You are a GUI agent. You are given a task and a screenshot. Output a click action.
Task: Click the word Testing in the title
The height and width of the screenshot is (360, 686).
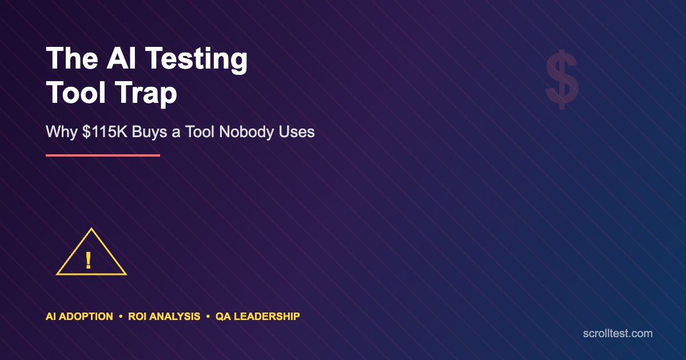196,59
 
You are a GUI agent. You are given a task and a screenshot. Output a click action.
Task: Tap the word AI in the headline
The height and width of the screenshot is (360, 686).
121,58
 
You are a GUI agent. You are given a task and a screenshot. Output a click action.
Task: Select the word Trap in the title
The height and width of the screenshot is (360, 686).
146,94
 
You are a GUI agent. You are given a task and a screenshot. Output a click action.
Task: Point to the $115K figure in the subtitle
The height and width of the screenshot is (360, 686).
105,132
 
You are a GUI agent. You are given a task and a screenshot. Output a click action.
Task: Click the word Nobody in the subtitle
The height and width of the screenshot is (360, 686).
246,132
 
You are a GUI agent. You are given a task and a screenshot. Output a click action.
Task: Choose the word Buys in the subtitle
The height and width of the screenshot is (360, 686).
149,133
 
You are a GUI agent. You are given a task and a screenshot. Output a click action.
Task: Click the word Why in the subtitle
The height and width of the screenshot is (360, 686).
62,133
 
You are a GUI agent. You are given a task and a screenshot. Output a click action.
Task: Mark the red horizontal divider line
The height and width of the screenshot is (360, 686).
103,155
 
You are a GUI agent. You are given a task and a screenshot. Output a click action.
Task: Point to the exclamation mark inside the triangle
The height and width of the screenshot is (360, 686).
88,261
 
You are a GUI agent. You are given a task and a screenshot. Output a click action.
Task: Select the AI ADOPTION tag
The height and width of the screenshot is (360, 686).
79,317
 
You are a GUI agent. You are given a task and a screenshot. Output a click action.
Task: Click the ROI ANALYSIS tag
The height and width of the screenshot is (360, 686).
164,317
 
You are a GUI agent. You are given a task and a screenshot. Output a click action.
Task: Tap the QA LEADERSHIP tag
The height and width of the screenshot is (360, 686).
258,317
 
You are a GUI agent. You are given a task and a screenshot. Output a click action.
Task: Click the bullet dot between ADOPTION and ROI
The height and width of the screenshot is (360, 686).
121,317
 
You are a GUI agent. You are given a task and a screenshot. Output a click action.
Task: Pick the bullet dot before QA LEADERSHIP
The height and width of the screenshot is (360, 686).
208,317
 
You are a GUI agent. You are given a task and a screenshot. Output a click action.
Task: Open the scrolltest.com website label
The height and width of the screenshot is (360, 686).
618,333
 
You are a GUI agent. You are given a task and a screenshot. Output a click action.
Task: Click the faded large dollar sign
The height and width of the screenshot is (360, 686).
562,79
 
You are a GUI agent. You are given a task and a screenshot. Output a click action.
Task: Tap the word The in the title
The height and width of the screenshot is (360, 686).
72,58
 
